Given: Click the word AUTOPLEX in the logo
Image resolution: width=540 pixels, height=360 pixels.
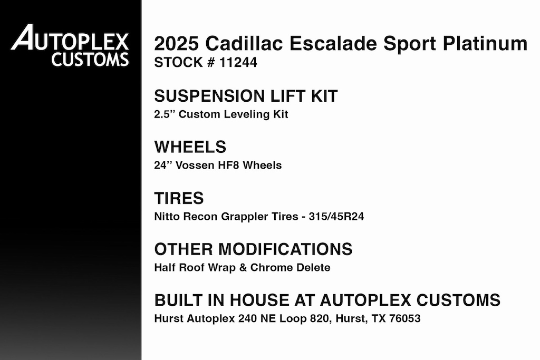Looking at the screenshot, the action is [x=70, y=37].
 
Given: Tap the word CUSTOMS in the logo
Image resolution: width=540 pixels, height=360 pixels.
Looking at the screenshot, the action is [x=90, y=59].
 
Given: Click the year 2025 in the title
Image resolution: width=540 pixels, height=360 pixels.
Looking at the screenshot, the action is [x=176, y=44].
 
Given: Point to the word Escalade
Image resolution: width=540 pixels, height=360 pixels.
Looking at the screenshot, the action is [x=333, y=44].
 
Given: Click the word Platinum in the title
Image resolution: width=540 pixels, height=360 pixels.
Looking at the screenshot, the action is [x=485, y=44].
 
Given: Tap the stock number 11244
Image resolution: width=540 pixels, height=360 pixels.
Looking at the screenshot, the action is [x=238, y=63].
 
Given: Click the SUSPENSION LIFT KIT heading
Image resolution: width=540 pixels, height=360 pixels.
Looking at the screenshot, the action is [x=246, y=96].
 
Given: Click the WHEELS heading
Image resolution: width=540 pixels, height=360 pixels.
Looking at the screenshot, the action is [x=190, y=147].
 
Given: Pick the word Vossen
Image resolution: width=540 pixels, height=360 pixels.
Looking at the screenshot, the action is [x=195, y=166].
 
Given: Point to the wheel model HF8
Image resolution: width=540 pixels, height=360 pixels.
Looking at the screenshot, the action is [x=229, y=166].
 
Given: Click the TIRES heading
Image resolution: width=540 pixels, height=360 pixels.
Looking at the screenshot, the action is [x=179, y=198].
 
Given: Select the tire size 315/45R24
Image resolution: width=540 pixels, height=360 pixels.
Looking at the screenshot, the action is [x=336, y=217].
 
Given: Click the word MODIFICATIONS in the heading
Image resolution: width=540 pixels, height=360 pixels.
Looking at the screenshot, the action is [x=285, y=249].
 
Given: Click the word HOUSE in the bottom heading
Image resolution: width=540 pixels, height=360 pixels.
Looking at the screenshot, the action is [x=259, y=300].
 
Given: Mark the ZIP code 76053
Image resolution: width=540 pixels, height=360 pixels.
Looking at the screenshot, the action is [x=405, y=319].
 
